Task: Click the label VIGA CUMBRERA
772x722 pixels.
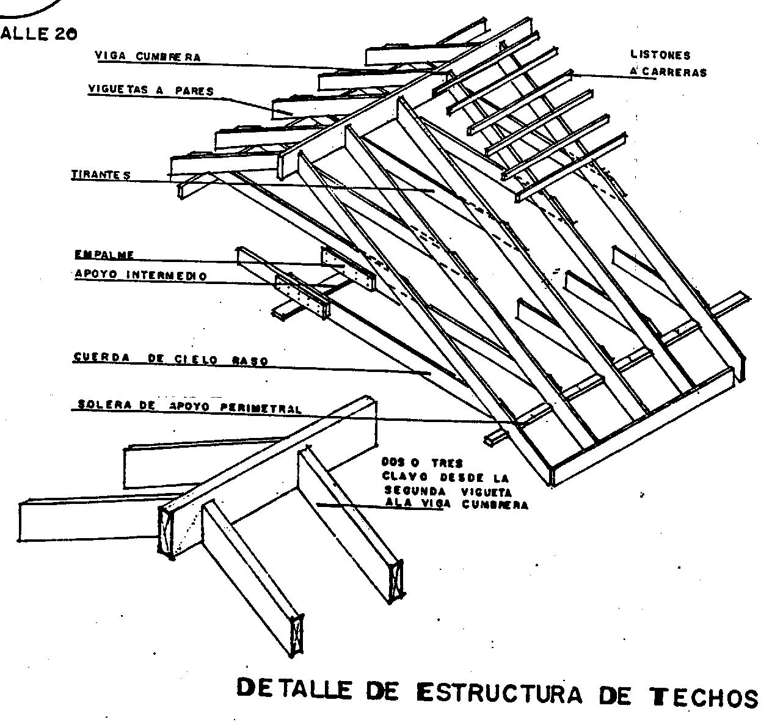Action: [x=148, y=57]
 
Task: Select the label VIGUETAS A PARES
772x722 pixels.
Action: [x=151, y=90]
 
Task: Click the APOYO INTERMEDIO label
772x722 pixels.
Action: [x=140, y=275]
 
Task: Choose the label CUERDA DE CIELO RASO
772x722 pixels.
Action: [x=170, y=359]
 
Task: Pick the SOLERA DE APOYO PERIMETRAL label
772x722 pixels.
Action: [x=189, y=406]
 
